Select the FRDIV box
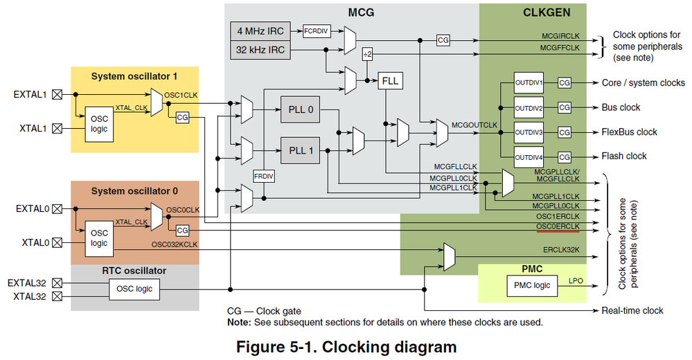pos(263,176)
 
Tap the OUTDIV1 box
pos(529,83)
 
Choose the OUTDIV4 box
pos(529,156)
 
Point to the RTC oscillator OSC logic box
pos(133,289)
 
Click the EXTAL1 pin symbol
pos(57,94)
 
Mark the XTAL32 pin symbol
pos(57,296)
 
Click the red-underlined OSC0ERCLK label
pos(558,226)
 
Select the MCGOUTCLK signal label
pos(474,125)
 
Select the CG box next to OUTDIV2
pos(565,108)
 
